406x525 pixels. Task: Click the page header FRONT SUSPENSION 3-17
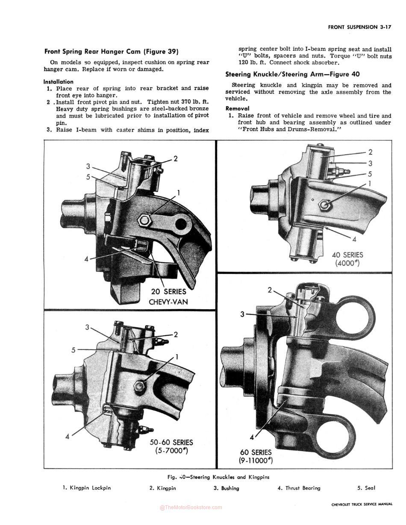(x=360, y=27)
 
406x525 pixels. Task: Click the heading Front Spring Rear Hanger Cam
(x=111, y=52)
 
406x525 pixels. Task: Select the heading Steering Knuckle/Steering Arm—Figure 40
(x=292, y=74)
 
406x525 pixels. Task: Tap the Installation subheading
(x=58, y=82)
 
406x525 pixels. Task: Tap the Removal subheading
(x=237, y=109)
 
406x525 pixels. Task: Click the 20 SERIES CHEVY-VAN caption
(x=168, y=297)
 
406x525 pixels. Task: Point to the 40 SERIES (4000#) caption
(x=347, y=259)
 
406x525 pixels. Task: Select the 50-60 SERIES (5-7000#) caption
(x=171, y=446)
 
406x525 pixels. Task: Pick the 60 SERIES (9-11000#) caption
(x=256, y=456)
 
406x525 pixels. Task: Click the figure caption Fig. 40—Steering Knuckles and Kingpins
(x=218, y=477)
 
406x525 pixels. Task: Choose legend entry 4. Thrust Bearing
(x=299, y=488)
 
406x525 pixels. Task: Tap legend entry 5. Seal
(x=366, y=488)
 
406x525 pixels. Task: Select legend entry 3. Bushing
(x=227, y=488)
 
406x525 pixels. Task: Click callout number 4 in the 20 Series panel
(x=86, y=259)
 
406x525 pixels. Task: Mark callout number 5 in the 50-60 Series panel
(x=74, y=350)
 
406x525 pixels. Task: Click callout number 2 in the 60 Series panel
(x=270, y=290)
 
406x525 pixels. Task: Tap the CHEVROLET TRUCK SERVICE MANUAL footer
(x=362, y=504)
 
